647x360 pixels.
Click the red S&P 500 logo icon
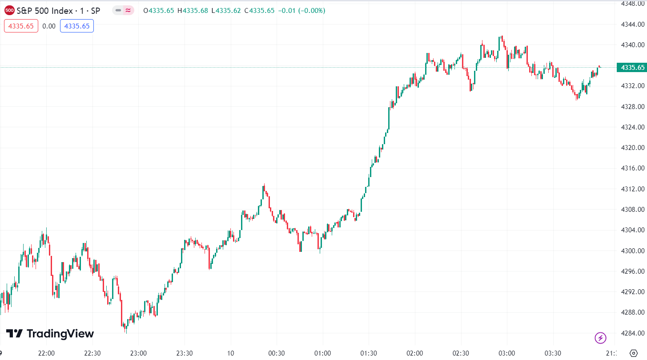9,10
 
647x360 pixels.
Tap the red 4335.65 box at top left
21,26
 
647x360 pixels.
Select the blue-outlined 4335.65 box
77,26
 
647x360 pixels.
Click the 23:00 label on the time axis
138,353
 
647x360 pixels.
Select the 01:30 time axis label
369,353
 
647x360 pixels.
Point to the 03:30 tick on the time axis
553,353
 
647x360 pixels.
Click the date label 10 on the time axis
230,353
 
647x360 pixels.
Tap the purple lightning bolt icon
600,338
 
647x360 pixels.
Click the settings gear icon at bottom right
634,353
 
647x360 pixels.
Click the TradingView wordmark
50,334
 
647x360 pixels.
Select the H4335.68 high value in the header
193,10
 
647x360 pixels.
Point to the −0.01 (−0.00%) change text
301,10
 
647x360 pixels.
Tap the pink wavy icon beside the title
128,10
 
